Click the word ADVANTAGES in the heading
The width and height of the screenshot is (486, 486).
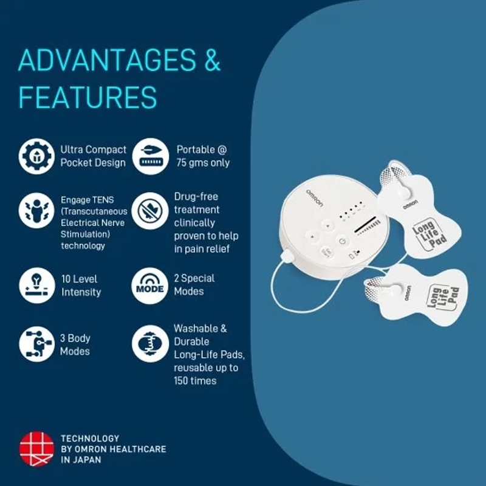pyautogui.click(x=108, y=60)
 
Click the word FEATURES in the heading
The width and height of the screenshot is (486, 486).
pyautogui.click(x=87, y=97)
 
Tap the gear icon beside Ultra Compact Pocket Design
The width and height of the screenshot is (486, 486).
pyautogui.click(x=36, y=156)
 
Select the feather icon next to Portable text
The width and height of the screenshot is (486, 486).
pyautogui.click(x=151, y=156)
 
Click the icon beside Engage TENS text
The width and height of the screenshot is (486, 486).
pyautogui.click(x=36, y=210)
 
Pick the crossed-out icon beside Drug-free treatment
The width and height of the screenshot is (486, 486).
pyautogui.click(x=150, y=211)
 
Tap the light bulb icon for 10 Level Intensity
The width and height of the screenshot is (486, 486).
pyautogui.click(x=37, y=286)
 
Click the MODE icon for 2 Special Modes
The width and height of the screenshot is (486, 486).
pyautogui.click(x=150, y=286)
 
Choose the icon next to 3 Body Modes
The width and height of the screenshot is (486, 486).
pyautogui.click(x=37, y=344)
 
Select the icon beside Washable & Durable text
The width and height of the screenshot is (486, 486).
pyautogui.click(x=150, y=344)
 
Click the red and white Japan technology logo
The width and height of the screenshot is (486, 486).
pyautogui.click(x=37, y=449)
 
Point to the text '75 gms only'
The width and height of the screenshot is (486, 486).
pyautogui.click(x=203, y=163)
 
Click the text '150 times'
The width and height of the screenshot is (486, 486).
pyautogui.click(x=195, y=381)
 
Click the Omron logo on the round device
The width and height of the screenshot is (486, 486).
pyautogui.click(x=315, y=199)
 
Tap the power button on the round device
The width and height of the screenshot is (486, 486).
pyautogui.click(x=342, y=241)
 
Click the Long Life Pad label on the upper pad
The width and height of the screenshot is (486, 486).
pyautogui.click(x=430, y=234)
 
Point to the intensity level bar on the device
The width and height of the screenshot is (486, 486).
pyautogui.click(x=367, y=225)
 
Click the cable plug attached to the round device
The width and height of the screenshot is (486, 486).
pyautogui.click(x=287, y=256)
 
